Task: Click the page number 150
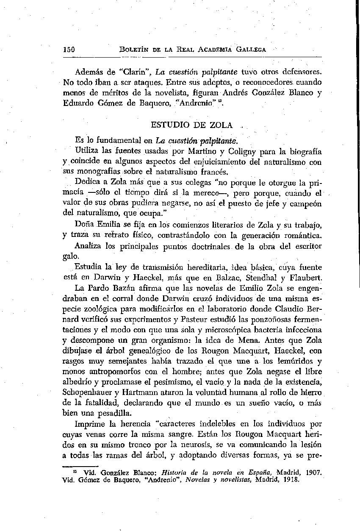coord(69,49)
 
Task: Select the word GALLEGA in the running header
coord(252,49)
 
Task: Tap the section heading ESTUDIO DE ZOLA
coord(191,125)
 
